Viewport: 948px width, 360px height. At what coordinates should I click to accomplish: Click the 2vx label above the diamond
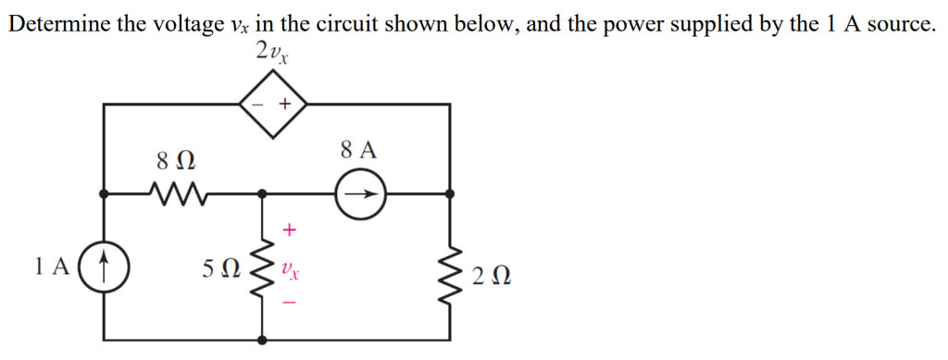[x=272, y=53]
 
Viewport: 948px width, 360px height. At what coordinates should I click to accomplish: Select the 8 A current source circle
[x=360, y=195]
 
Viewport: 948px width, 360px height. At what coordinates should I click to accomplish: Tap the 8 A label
[x=359, y=150]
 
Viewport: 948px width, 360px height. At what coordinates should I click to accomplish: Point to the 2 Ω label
[x=490, y=276]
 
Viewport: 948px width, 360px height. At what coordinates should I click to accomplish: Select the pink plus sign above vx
[x=290, y=227]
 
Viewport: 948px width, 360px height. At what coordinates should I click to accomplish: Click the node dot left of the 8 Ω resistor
[x=104, y=194]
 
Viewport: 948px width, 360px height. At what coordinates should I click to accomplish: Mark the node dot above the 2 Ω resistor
[x=451, y=194]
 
